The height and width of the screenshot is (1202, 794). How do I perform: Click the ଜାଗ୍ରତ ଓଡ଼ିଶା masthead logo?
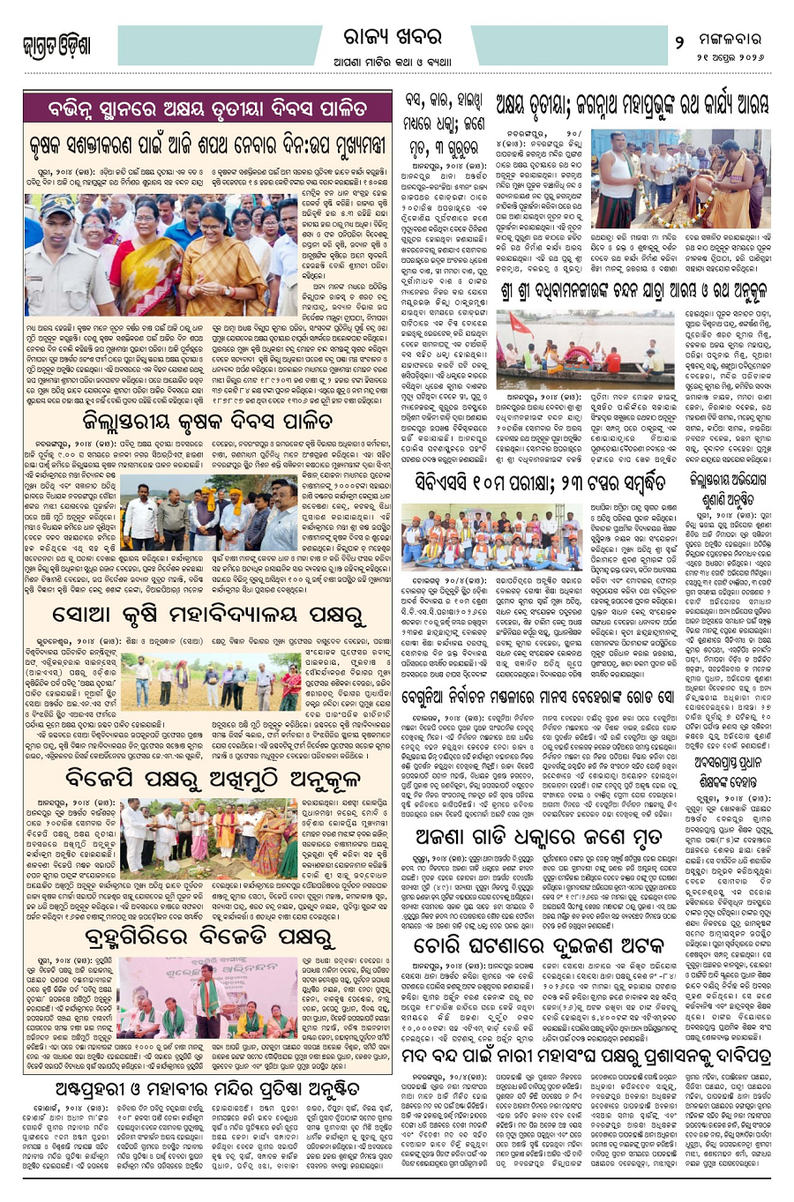pos(58,45)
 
